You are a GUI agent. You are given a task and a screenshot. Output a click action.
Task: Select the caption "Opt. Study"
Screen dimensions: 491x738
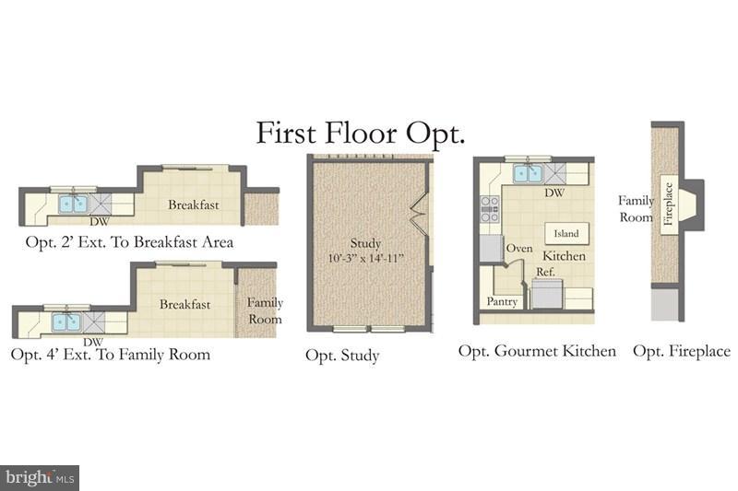coord(342,356)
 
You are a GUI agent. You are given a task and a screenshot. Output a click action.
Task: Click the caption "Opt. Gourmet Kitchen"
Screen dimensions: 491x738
coord(538,351)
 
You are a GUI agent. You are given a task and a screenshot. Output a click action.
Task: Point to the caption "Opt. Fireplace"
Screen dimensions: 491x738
coord(682,351)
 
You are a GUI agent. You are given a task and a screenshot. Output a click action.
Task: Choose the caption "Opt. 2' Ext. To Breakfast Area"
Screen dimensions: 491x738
coord(130,242)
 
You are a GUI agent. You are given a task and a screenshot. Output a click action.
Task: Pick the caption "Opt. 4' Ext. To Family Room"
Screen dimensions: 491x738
coord(110,354)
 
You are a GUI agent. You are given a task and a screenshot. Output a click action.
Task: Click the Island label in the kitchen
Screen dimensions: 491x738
coord(566,234)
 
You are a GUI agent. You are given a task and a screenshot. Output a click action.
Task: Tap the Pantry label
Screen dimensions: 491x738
coord(503,301)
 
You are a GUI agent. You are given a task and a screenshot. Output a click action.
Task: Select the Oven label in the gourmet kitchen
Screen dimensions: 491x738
coord(519,248)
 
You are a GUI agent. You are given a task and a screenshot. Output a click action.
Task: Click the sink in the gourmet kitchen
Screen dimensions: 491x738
coord(527,173)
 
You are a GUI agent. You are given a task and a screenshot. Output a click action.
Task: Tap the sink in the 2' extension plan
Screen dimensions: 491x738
coord(72,203)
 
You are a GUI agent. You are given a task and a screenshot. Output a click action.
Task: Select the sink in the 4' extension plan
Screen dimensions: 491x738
coord(65,321)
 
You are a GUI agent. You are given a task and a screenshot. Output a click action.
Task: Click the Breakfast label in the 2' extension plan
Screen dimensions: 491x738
coord(193,205)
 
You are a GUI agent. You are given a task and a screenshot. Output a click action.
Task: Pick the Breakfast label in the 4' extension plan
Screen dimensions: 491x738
coord(184,304)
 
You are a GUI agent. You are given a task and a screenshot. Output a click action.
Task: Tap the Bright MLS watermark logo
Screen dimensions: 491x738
coord(40,477)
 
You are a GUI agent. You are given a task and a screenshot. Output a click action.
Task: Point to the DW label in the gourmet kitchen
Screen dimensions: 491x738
coord(554,193)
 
